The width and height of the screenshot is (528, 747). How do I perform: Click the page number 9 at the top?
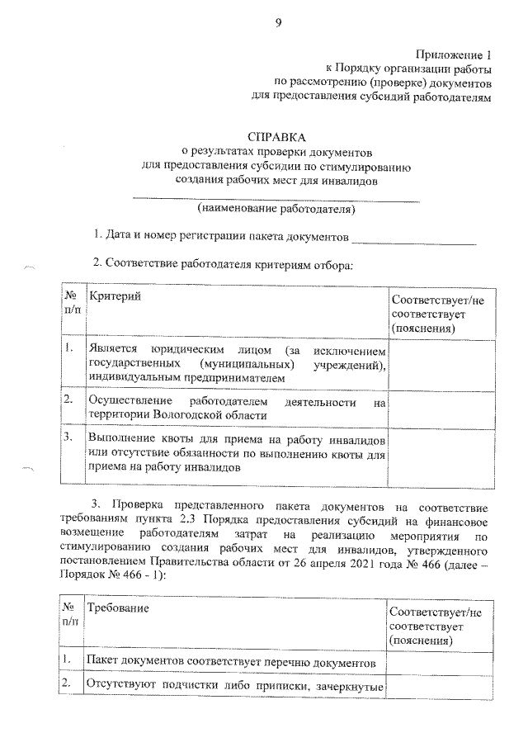click(278, 23)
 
